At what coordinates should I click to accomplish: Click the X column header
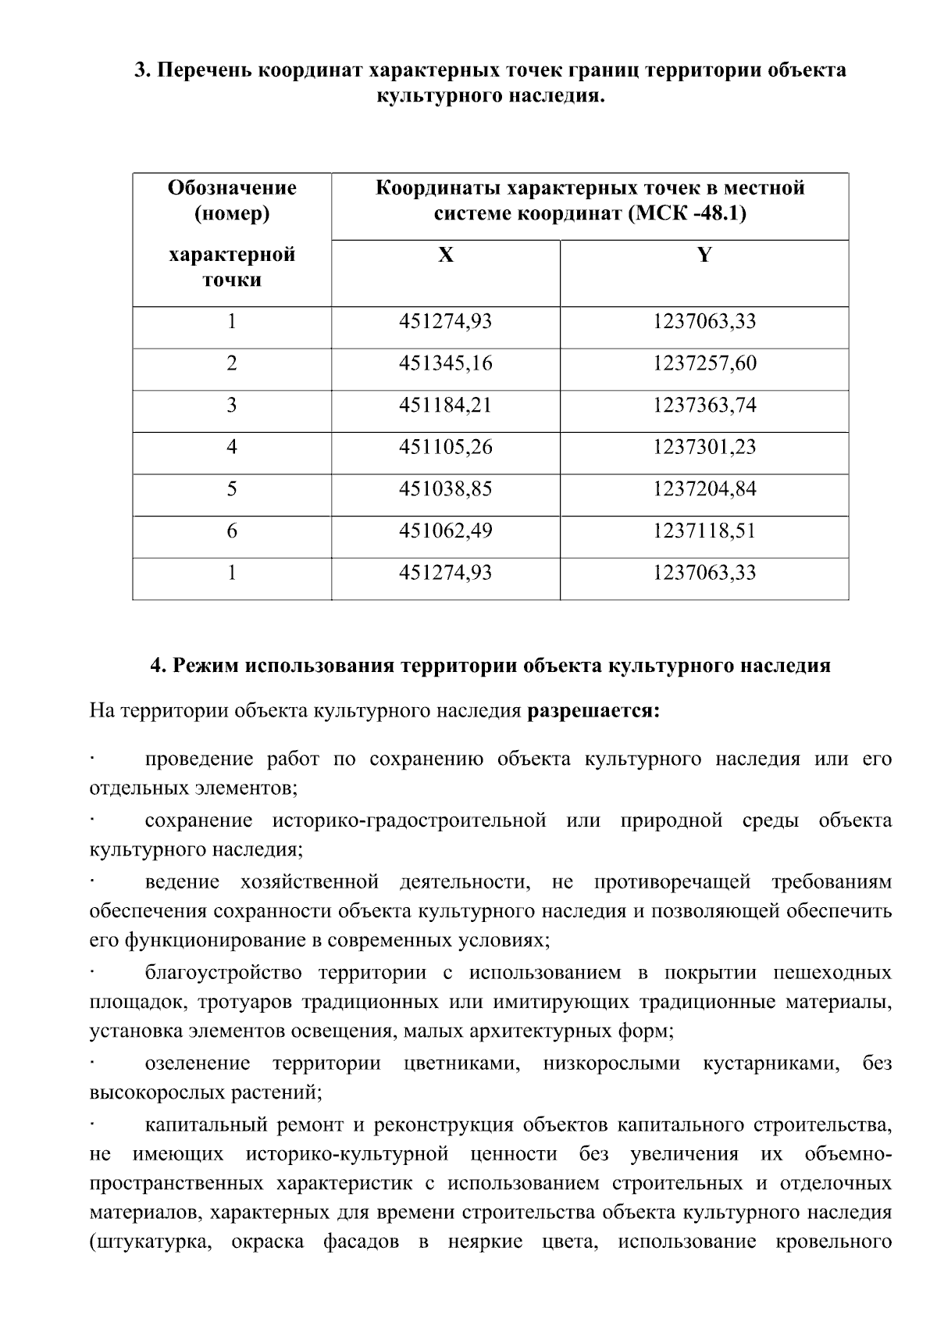(x=445, y=256)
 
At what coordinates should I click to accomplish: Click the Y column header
(x=704, y=256)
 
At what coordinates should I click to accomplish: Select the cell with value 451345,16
(x=445, y=364)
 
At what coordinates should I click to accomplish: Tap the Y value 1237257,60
(x=704, y=364)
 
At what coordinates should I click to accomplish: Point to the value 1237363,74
(x=704, y=406)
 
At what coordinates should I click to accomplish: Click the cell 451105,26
(x=445, y=448)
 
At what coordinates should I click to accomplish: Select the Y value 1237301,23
(x=704, y=448)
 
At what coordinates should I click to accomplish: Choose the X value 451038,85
(x=445, y=489)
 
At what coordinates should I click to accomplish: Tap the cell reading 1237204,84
(x=704, y=489)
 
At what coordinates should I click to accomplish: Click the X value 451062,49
(x=445, y=531)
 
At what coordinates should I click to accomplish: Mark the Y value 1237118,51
(x=704, y=531)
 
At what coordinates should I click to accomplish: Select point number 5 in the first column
(x=231, y=489)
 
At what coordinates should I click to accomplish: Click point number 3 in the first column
(x=231, y=406)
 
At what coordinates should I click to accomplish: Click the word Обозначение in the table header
(x=232, y=188)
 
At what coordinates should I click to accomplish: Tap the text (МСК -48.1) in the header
(x=686, y=213)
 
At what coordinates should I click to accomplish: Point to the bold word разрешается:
(x=593, y=712)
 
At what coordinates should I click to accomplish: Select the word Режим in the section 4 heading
(x=205, y=666)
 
